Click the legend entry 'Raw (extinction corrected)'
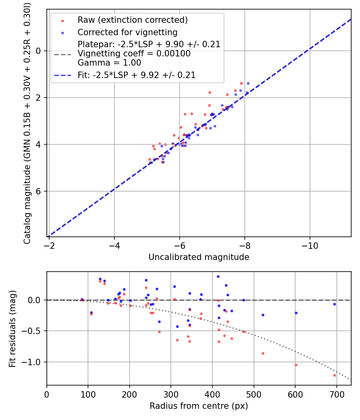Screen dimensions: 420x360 tap(132, 20)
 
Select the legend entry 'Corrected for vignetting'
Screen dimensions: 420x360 tap(127, 32)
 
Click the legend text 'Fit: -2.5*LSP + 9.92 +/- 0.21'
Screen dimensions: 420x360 tap(136, 75)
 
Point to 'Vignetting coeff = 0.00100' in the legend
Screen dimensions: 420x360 tap(134, 54)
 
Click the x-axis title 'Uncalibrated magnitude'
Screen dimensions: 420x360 tap(199, 257)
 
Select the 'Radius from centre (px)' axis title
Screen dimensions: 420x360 tap(199, 406)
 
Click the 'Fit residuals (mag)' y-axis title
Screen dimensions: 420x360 tap(12, 328)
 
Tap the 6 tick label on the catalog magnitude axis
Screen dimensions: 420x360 tap(39, 191)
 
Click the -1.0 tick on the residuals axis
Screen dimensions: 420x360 tap(34, 362)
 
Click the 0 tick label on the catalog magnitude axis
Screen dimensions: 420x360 tap(39, 51)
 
